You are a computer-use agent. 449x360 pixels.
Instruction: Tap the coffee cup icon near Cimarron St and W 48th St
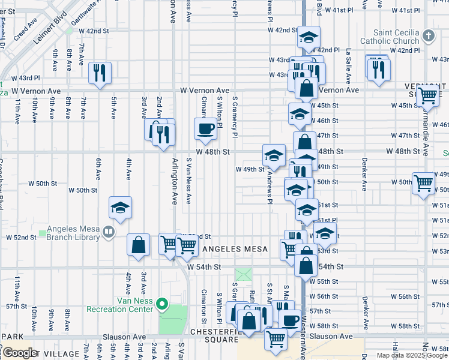coord(205,128)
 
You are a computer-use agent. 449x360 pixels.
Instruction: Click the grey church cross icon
coord(428,35)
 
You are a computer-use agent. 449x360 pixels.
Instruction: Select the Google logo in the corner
coord(20,353)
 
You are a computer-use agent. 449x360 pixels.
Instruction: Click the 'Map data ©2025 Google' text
coord(412,355)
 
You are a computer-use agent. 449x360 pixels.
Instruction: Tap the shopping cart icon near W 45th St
coord(427,94)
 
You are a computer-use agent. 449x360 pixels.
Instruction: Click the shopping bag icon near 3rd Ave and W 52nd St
coord(139,245)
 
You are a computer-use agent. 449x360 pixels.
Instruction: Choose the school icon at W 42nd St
coord(308,37)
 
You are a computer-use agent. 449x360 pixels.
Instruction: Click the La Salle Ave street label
coord(347,62)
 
